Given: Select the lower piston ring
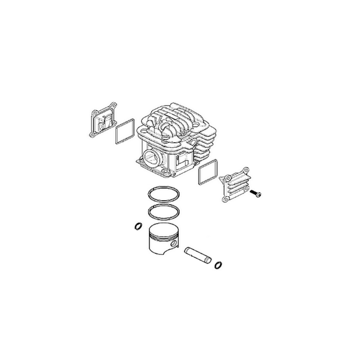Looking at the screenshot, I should tap(165, 210).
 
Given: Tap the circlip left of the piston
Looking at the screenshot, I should tap(139, 226).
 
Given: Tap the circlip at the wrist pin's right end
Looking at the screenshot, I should tap(219, 264).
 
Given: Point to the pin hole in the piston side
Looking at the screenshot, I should tap(174, 243).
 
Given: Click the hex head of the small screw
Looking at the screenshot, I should tap(260, 194).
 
